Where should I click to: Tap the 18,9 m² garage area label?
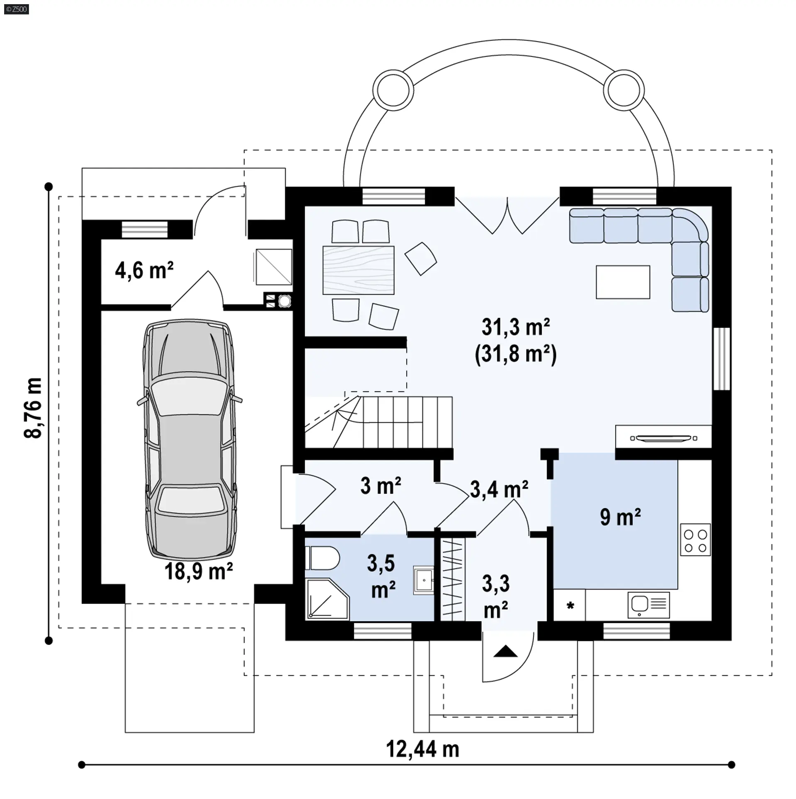(199, 571)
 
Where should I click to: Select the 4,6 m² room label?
(144, 270)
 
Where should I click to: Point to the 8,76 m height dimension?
(33, 408)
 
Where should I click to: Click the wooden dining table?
(359, 270)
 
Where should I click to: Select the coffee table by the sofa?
(623, 282)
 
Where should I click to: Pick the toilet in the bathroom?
(323, 558)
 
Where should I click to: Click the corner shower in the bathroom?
(327, 599)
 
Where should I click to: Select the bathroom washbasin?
(423, 581)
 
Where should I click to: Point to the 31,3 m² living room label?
(516, 327)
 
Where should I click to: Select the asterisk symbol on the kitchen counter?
(570, 606)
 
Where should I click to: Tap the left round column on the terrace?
(393, 90)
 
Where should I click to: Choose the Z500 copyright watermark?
(17, 9)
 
